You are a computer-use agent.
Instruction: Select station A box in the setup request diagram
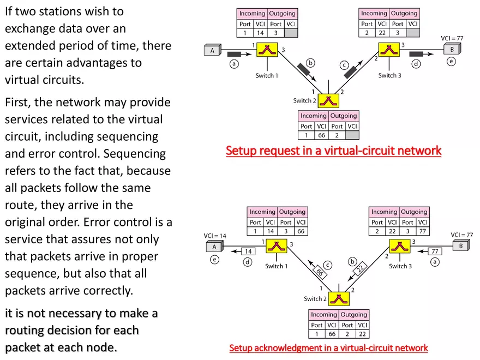(213, 51)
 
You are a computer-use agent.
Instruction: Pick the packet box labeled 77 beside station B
(435, 251)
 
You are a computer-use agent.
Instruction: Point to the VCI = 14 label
(215, 236)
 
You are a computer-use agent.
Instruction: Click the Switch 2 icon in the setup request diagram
(329, 101)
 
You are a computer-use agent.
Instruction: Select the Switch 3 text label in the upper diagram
(389, 75)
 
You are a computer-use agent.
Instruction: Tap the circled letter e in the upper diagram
(451, 62)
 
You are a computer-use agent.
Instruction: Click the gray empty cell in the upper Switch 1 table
(291, 33)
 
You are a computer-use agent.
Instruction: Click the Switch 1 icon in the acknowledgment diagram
(277, 248)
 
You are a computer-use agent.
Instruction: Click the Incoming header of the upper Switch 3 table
(374, 13)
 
